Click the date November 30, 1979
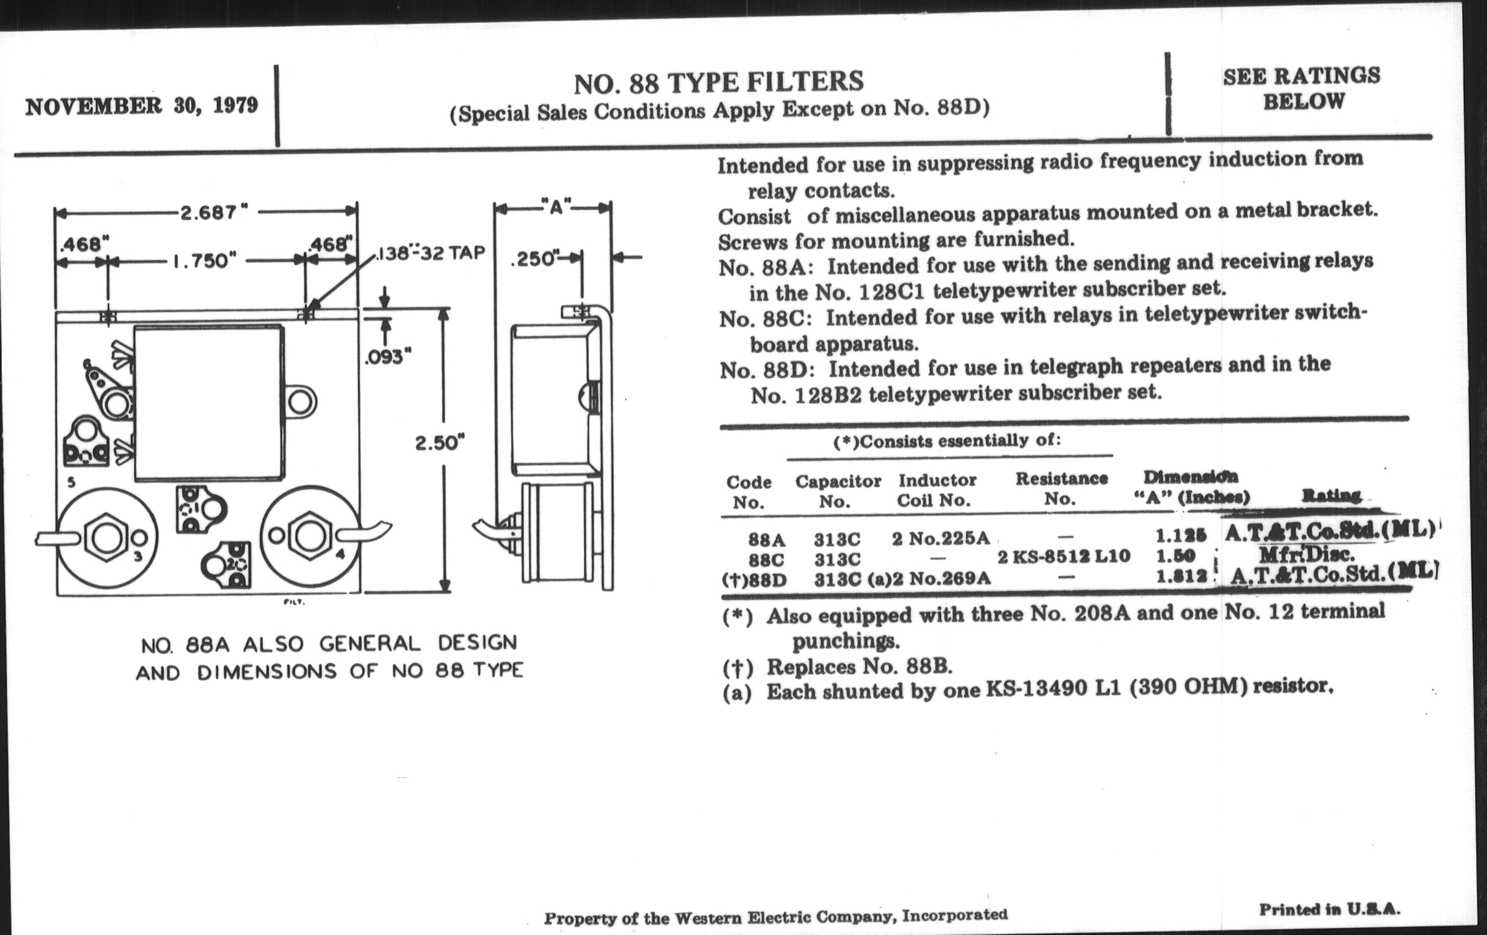pos(141,106)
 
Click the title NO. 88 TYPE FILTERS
pos(719,83)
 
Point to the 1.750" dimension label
pos(204,261)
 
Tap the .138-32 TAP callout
pos(431,254)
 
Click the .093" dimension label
pos(387,358)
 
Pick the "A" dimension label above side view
pos(556,207)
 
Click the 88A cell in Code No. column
pos(766,540)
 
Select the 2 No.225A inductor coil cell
pos(940,538)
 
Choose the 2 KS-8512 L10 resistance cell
pos(1064,556)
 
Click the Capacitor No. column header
pos(838,491)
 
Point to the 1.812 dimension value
pos(1181,576)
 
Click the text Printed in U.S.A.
pos(1329,909)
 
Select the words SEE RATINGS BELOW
pos(1302,88)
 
